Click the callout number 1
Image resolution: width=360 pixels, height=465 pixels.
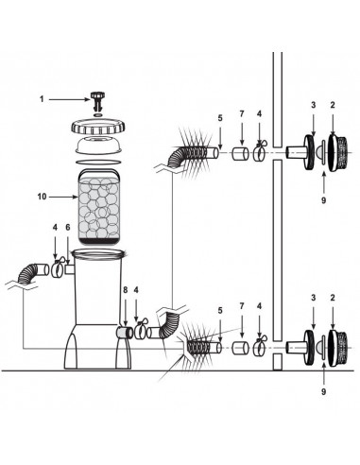[42, 99]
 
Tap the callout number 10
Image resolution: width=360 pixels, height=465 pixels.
[42, 197]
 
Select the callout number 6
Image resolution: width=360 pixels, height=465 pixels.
[68, 227]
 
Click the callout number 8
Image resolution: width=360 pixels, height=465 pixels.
[126, 290]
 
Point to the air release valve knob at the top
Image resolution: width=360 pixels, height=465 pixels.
[97, 100]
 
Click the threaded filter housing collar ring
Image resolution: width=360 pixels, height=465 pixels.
[98, 128]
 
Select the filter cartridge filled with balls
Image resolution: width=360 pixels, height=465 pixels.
[99, 208]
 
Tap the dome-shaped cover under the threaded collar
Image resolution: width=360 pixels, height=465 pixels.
[99, 146]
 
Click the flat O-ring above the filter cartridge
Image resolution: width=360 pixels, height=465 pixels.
[98, 162]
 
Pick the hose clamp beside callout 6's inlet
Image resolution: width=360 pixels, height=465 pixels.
[58, 269]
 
